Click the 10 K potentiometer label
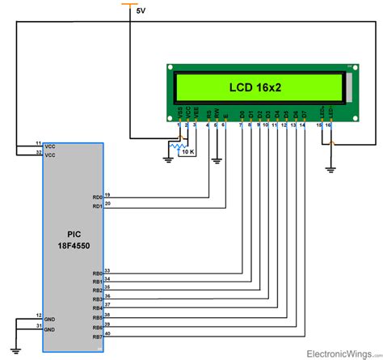click(187, 152)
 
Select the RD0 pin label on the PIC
click(97, 196)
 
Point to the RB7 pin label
click(97, 335)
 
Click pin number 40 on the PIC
click(109, 332)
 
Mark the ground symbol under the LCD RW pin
click(216, 161)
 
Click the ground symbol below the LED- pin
click(329, 170)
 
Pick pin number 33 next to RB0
click(109, 270)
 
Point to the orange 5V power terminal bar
click(131, 4)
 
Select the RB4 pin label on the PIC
click(97, 307)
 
